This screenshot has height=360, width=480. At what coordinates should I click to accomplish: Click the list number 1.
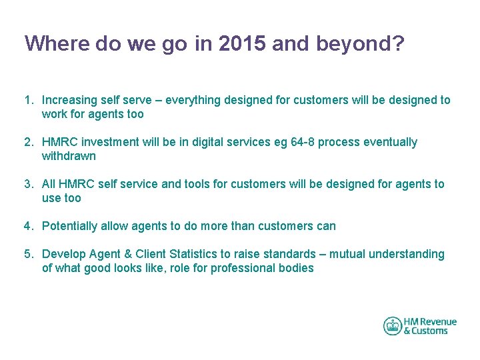coord(29,100)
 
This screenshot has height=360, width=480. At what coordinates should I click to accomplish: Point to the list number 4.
coord(29,226)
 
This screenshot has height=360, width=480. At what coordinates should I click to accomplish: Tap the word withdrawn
coord(69,156)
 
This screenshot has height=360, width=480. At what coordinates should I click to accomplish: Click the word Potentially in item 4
coord(70,226)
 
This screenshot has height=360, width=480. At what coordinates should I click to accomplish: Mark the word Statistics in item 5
coord(187,254)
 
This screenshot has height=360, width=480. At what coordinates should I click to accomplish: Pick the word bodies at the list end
coord(296,268)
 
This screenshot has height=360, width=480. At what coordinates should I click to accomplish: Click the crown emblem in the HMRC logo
coord(392,326)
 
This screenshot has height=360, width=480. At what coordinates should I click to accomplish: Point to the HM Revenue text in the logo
coord(430,321)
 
